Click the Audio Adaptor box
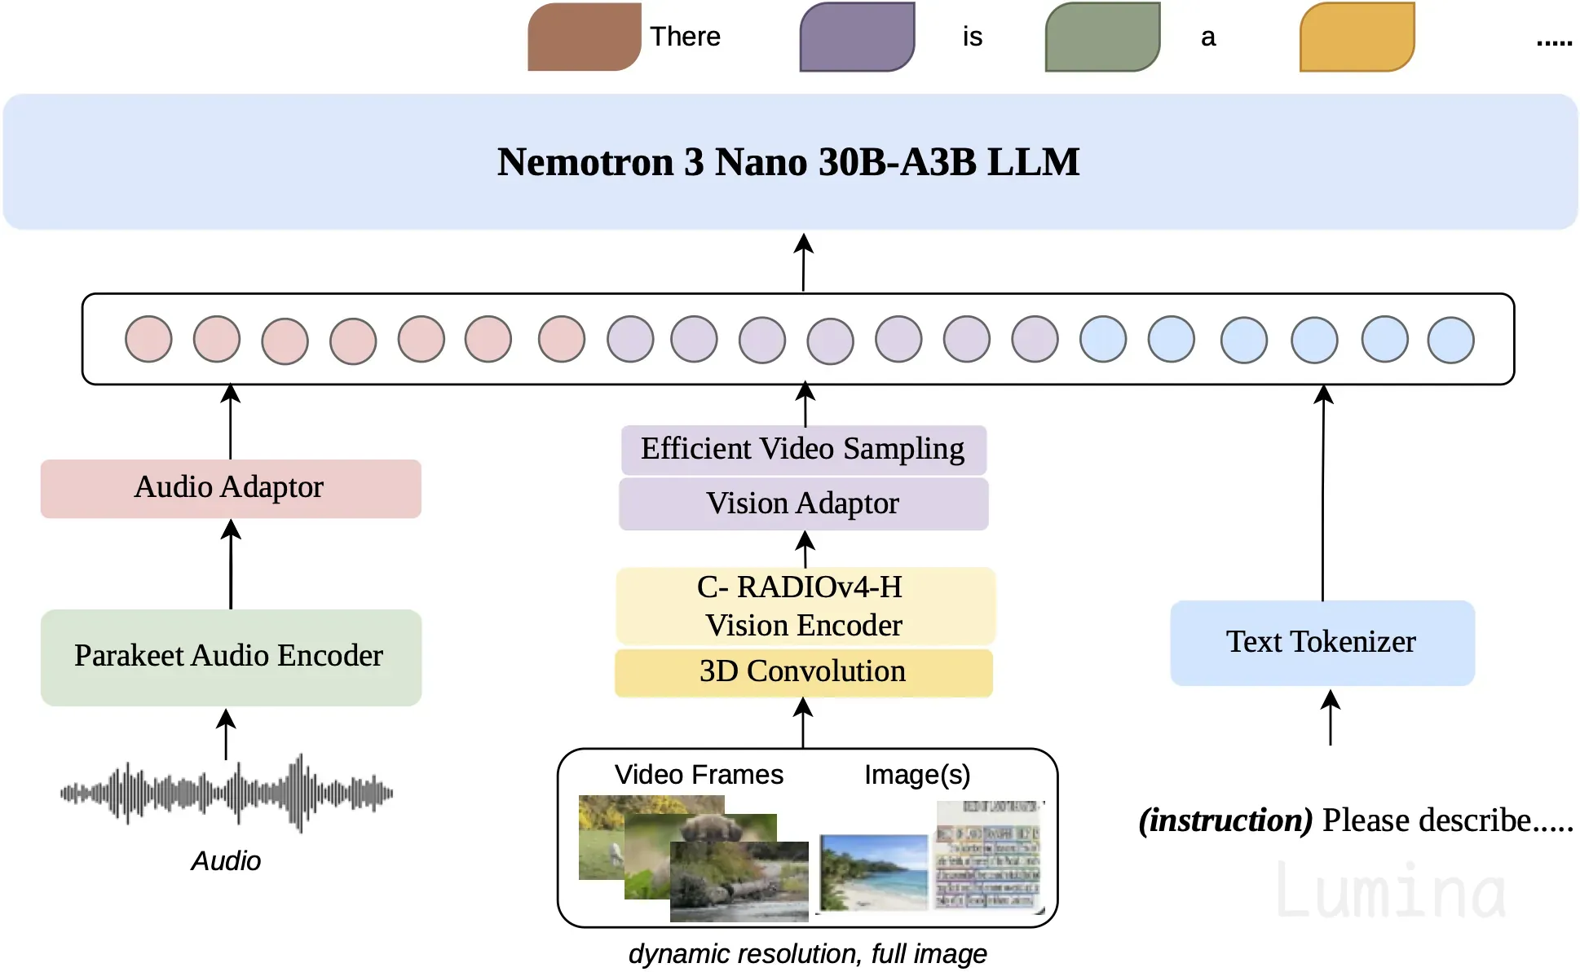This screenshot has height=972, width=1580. (231, 488)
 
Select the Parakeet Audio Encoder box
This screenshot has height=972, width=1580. (231, 657)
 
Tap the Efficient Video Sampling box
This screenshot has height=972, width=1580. (803, 450)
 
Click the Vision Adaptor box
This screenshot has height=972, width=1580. (803, 504)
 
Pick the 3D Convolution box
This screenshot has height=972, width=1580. (803, 672)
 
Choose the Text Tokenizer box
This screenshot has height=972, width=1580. (1322, 643)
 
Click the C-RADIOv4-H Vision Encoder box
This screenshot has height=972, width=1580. (805, 606)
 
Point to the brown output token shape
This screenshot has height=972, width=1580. (584, 37)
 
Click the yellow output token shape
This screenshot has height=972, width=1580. (1357, 37)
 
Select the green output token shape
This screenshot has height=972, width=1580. (1102, 37)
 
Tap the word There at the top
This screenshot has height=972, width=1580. (685, 37)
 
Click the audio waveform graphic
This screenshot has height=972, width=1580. (227, 793)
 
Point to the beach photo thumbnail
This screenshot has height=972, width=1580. (874, 872)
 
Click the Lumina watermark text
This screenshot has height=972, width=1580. (1391, 891)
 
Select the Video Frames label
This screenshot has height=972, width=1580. (699, 774)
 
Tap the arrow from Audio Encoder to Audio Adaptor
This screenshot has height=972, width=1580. (232, 565)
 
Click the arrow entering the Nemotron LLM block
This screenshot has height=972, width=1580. (804, 262)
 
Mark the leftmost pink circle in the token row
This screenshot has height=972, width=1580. (148, 340)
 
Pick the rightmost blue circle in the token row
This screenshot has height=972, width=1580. (1450, 340)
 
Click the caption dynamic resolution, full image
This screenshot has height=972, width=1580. (807, 953)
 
